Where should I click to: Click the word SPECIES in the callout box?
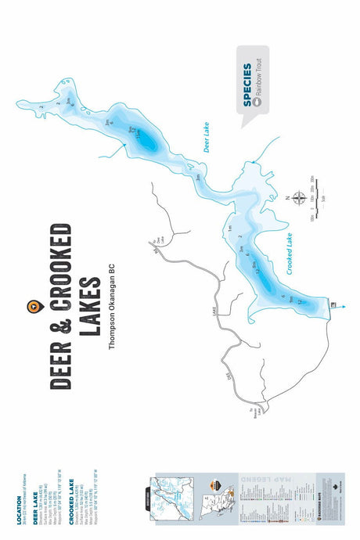tap(247, 84)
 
